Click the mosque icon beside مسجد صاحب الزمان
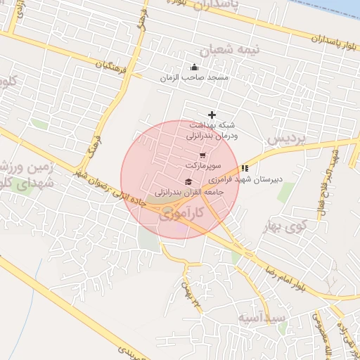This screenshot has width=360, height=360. (193, 67)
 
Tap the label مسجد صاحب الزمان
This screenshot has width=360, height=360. (193, 77)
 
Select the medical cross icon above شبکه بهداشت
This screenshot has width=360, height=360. (212, 115)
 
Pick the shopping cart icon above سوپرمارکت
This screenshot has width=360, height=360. (202, 155)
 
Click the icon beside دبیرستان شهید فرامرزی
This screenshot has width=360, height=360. (245, 168)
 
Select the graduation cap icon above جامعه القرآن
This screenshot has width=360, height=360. (188, 182)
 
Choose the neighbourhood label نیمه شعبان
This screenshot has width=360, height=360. (230, 51)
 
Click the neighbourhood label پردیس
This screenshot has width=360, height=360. (288, 137)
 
